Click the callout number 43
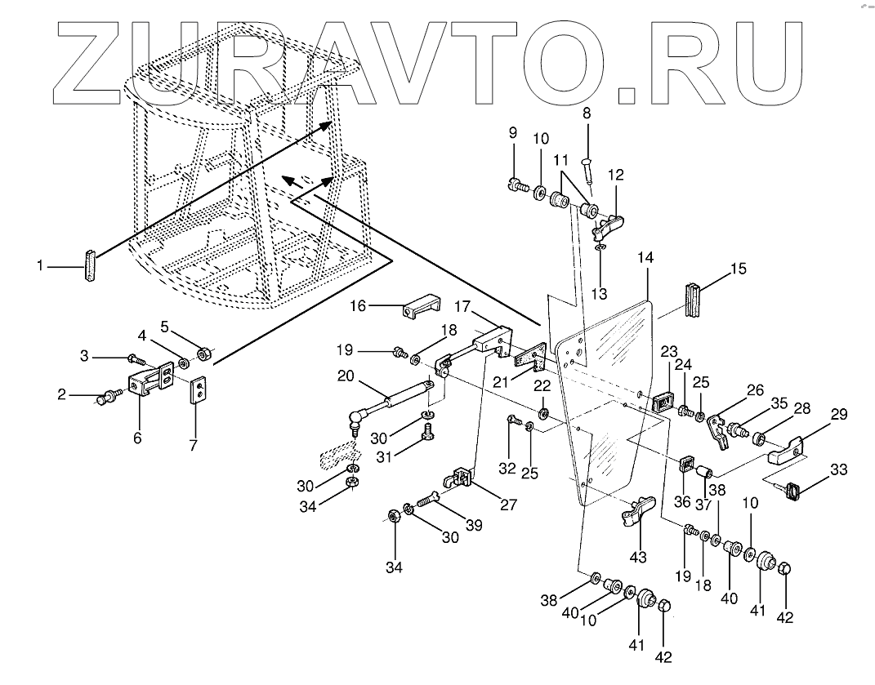coord(637,557)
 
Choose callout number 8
coord(586,113)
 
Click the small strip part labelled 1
coord(88,267)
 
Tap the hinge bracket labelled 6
coord(147,383)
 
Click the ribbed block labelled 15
coord(694,300)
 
